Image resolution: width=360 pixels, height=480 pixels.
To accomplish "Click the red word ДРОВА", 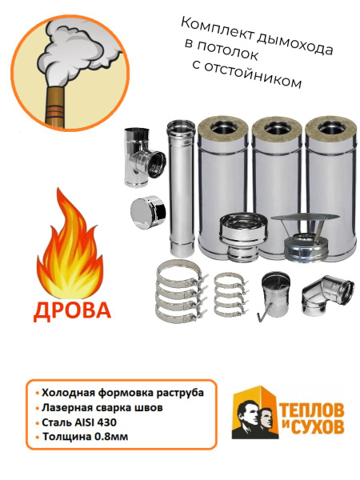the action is (x=72, y=310).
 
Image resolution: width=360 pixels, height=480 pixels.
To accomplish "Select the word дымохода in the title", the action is (x=294, y=45).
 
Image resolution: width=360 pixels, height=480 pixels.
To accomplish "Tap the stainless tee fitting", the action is (x=145, y=157).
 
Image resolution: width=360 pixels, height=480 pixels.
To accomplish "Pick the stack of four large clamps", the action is (x=181, y=291).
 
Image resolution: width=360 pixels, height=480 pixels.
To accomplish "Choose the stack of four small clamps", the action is (x=230, y=295).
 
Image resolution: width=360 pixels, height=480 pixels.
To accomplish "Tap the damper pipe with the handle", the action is (x=273, y=296).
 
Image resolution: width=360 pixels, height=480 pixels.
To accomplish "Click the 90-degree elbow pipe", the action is (x=327, y=295).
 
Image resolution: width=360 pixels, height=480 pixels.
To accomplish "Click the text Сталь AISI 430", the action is (x=79, y=422).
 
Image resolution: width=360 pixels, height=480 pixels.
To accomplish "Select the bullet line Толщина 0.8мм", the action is (x=82, y=437).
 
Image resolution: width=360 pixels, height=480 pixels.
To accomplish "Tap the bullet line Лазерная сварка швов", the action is (x=99, y=408).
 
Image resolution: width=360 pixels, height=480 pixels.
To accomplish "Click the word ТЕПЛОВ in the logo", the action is (x=312, y=410).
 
